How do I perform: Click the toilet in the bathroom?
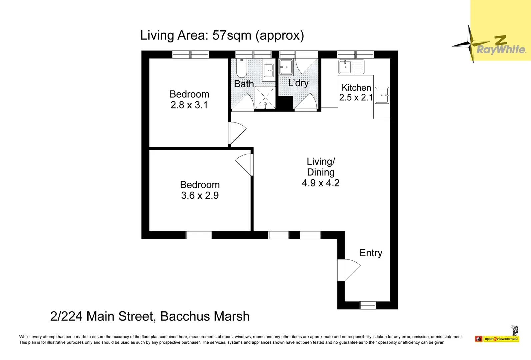[x=241, y=69]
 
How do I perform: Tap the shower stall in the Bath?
[x=265, y=97]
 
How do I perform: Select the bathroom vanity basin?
[x=269, y=70]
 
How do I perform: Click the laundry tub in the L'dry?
[x=286, y=67]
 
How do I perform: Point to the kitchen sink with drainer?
[x=351, y=67]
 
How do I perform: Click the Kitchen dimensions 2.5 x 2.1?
[x=356, y=98]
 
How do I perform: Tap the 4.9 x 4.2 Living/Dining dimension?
[x=320, y=183]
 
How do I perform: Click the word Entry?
[x=371, y=253]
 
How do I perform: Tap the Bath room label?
[x=244, y=84]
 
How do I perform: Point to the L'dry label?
[x=298, y=83]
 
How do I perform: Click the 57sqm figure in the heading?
[x=232, y=35]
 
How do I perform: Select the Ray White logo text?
[x=501, y=50]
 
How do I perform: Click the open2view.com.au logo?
[x=501, y=339]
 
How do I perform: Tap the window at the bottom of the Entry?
[x=368, y=305]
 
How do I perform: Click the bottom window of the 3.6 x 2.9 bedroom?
[x=199, y=235]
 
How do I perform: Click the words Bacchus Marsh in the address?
[x=205, y=316]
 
